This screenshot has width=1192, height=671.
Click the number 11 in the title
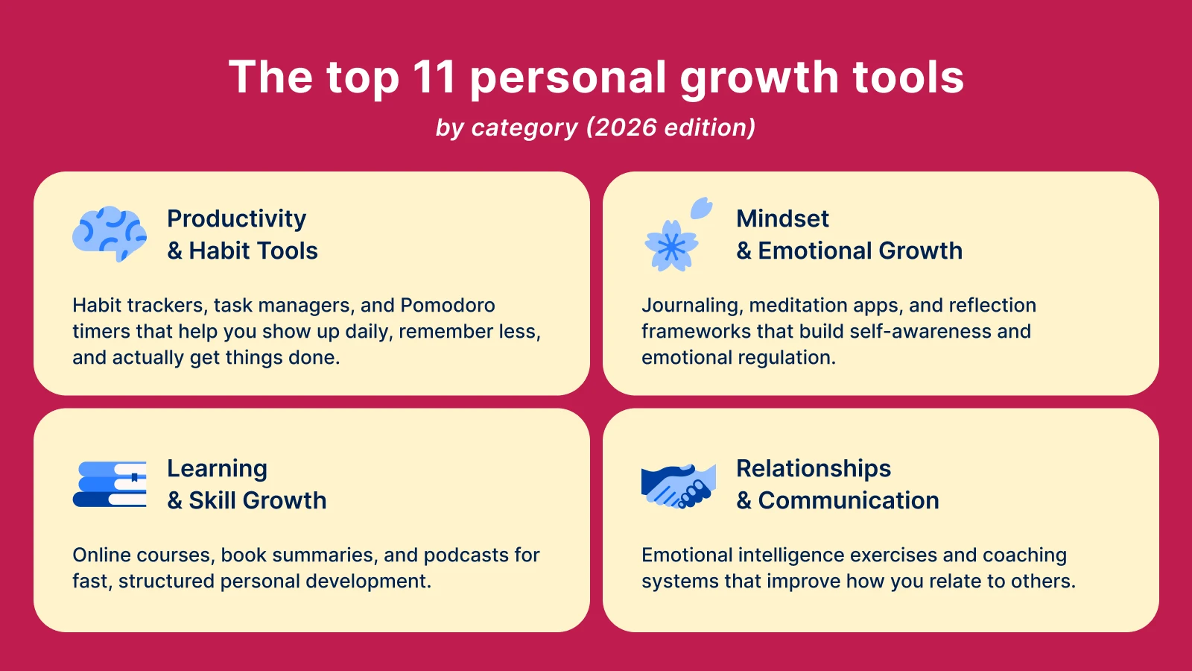434,77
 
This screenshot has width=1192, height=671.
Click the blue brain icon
110,233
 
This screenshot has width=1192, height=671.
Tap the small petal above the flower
701,208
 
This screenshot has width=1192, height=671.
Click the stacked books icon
110,484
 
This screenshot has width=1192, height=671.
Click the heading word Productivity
236,218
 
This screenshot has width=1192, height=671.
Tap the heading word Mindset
782,218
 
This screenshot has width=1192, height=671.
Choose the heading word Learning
217,468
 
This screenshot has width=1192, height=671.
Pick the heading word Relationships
814,468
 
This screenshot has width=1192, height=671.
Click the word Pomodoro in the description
448,306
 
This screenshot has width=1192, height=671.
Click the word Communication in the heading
849,500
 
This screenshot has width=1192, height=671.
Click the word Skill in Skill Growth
212,500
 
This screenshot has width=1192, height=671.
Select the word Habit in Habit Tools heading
219,251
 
